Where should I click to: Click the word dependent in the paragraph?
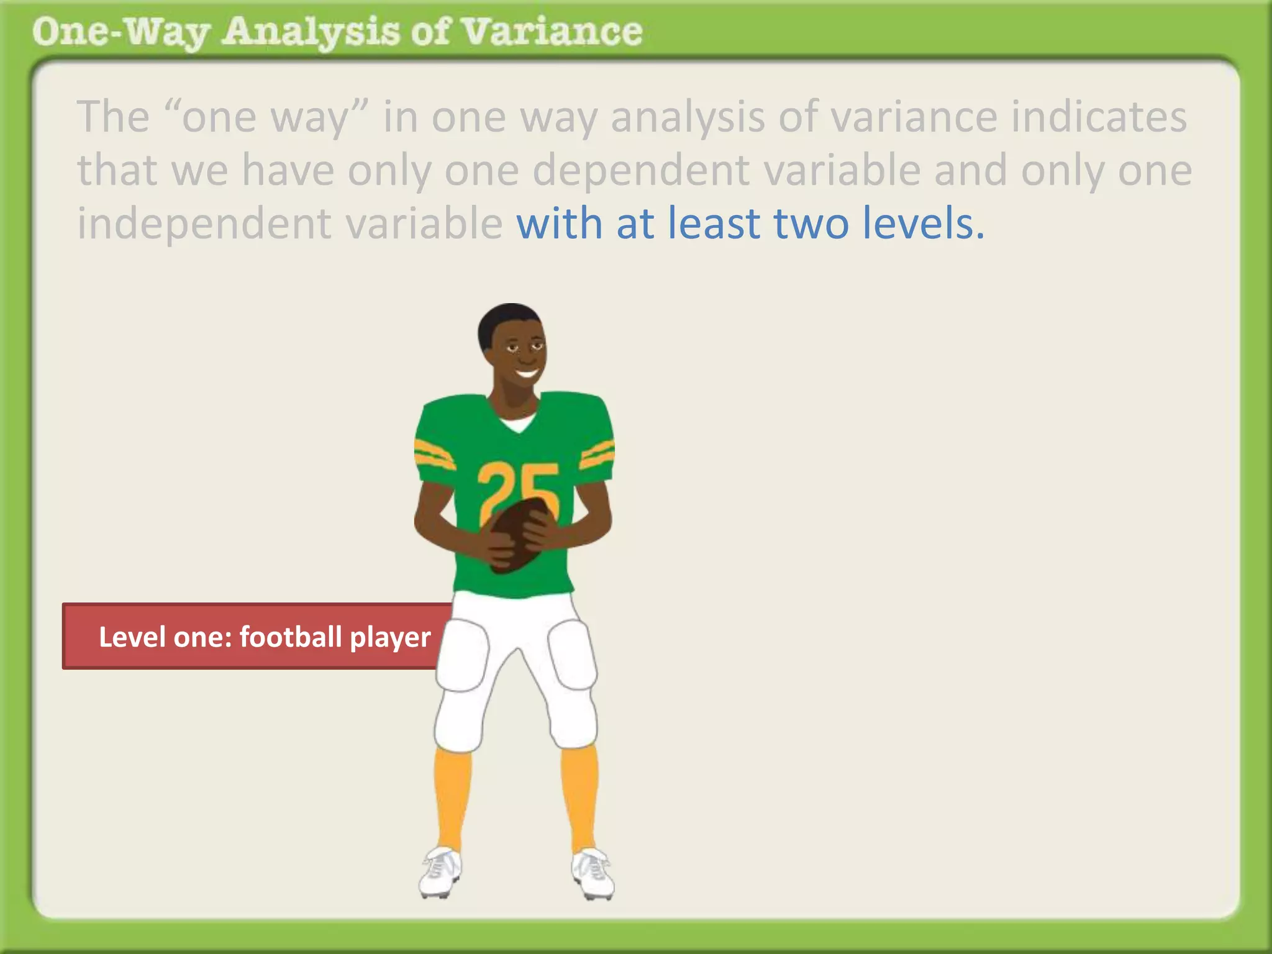coord(640,170)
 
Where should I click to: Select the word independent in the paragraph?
coord(204,224)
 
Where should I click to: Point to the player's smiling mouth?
coord(527,374)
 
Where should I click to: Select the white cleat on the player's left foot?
coord(593,873)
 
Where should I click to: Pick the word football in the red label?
coord(290,637)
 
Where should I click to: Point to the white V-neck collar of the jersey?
coord(517,424)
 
